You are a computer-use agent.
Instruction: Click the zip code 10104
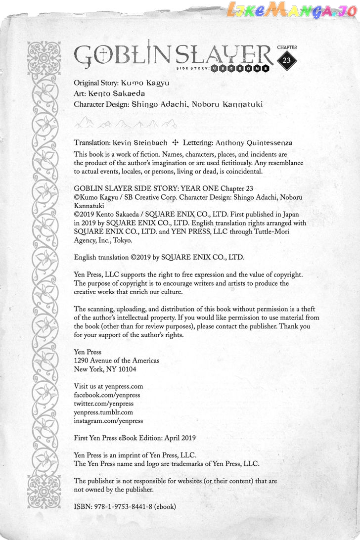[x=127, y=369]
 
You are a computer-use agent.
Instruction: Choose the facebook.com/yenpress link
[x=107, y=395]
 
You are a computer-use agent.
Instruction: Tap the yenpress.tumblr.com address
[x=103, y=412]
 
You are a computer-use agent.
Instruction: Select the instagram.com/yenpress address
[x=108, y=420]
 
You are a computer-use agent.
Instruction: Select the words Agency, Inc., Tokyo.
[x=103, y=240]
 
